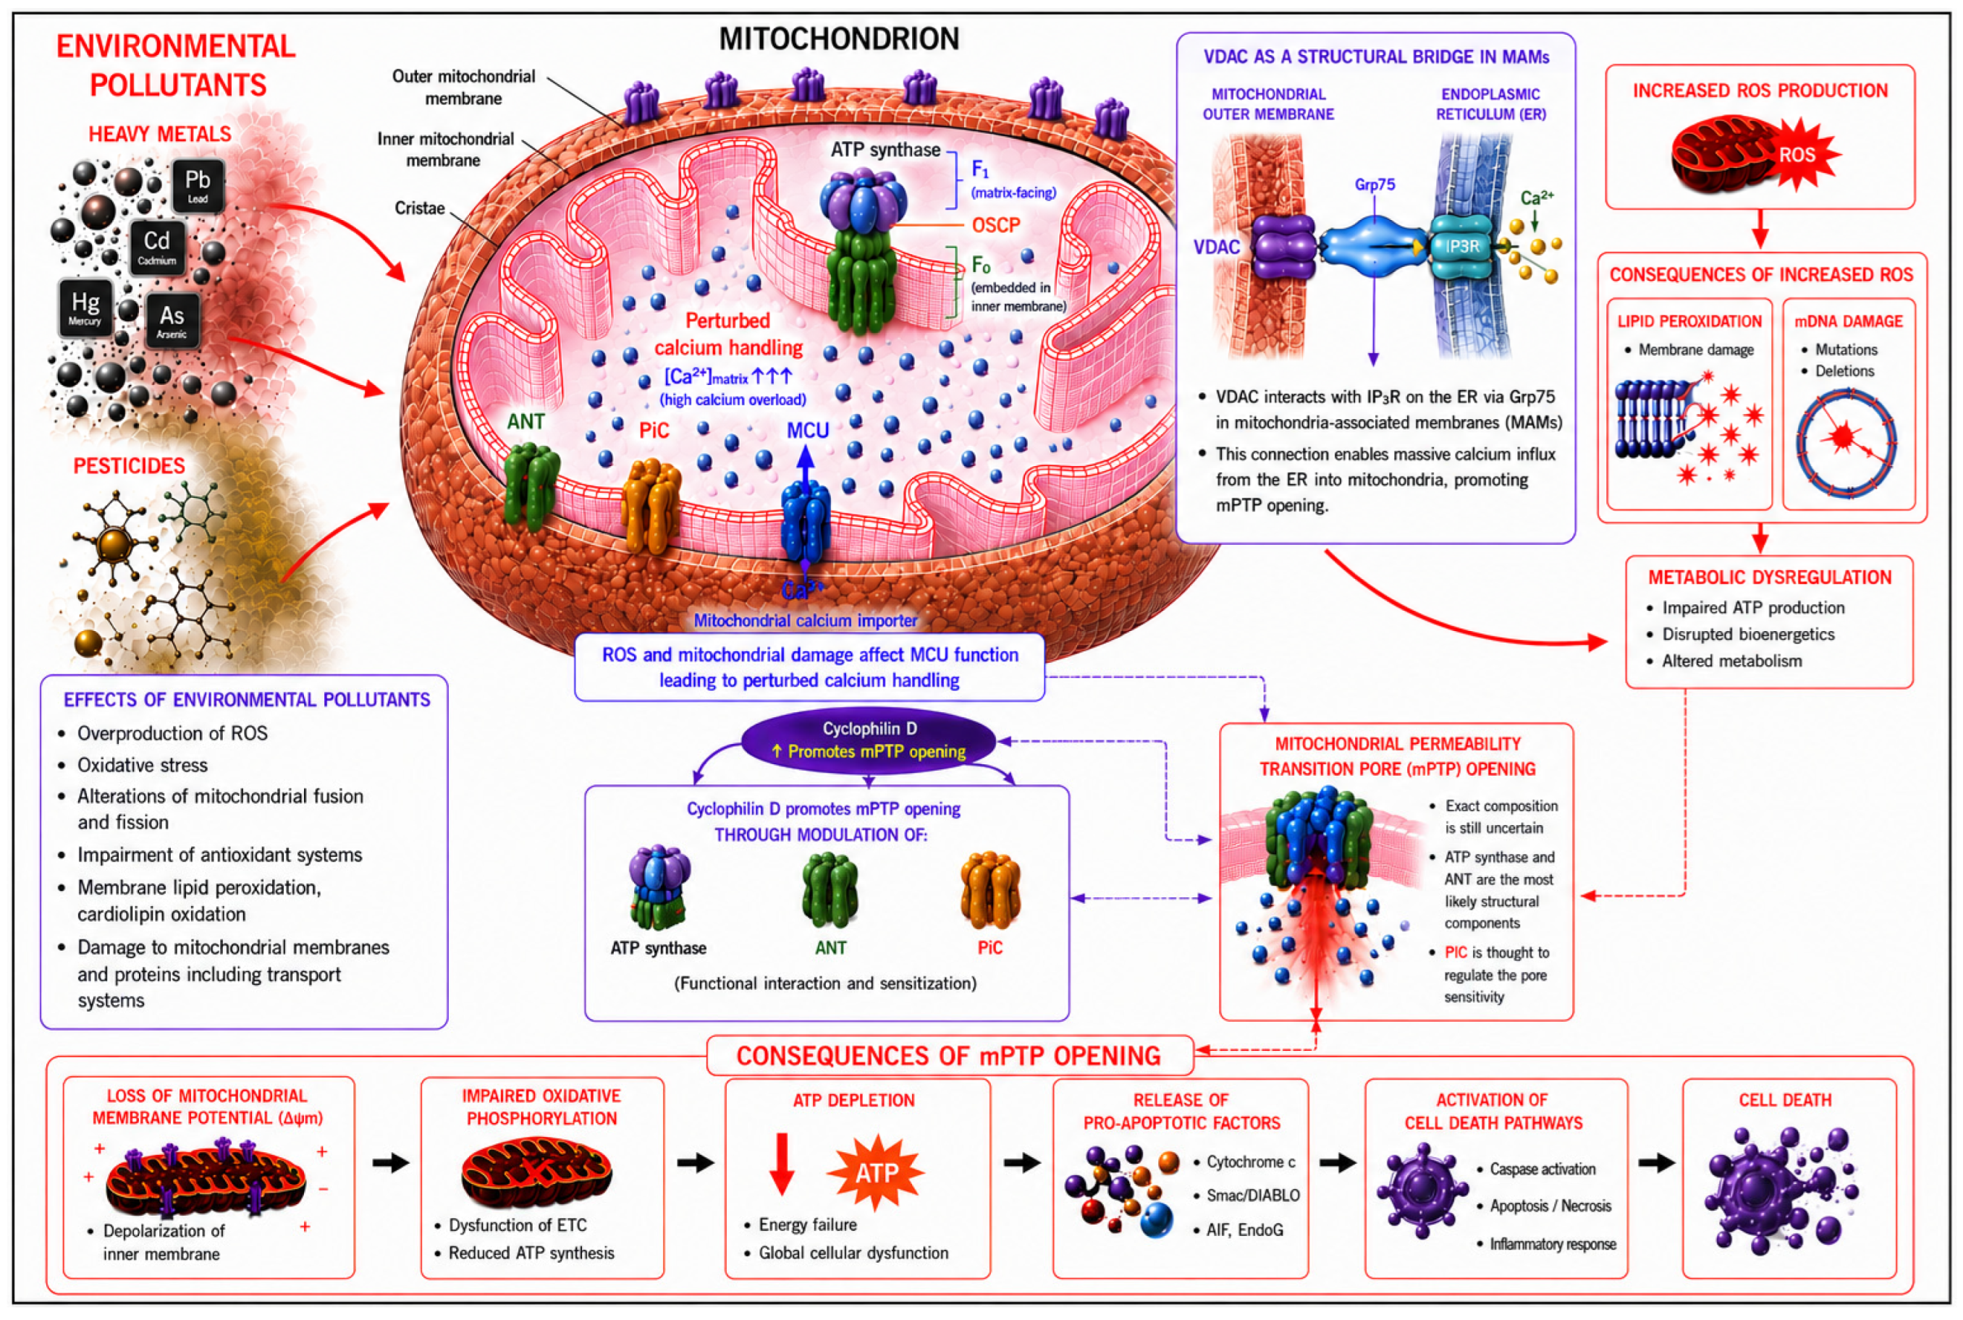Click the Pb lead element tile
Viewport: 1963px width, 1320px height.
click(x=198, y=186)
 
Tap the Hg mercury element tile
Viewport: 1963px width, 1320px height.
click(x=86, y=308)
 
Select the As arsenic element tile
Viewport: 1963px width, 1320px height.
click(x=172, y=321)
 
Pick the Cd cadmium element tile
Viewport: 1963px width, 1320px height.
click(x=157, y=247)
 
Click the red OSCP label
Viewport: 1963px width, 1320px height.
click(x=996, y=226)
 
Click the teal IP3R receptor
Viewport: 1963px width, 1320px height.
click(x=1462, y=246)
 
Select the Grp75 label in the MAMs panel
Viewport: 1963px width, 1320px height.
click(x=1375, y=185)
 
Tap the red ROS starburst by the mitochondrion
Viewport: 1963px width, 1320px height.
click(x=1797, y=155)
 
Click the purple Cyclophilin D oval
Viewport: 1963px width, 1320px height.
click(x=869, y=740)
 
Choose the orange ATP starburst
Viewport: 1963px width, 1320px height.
click(x=877, y=1172)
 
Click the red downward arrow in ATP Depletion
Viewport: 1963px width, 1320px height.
click(x=782, y=1164)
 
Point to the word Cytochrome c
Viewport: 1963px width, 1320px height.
click(x=1251, y=1162)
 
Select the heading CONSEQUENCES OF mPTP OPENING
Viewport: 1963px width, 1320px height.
click(x=949, y=1057)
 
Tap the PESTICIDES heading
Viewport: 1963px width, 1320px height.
click(x=129, y=466)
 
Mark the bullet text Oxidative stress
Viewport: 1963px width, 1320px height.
click(x=143, y=765)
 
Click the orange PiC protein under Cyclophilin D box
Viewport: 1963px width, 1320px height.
click(x=990, y=892)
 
